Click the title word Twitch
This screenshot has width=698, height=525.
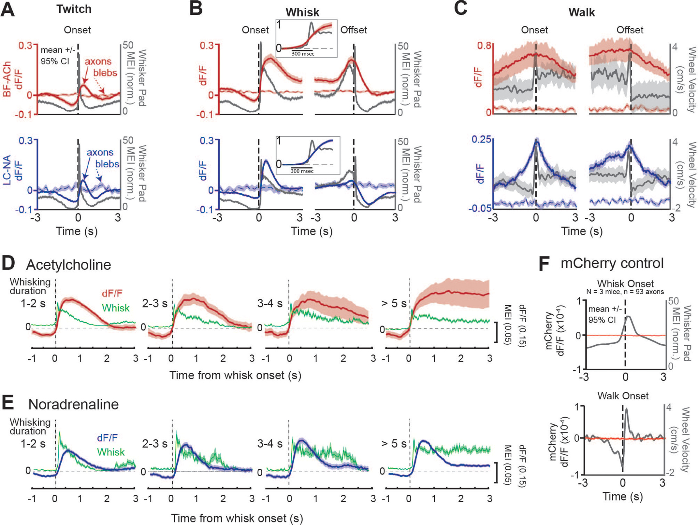(x=74, y=9)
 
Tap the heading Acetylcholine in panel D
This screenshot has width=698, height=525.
(x=68, y=265)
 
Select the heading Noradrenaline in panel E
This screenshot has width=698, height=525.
(x=73, y=405)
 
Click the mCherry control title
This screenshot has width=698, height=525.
(x=612, y=263)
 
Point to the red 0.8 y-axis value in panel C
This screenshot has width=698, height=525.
(x=484, y=45)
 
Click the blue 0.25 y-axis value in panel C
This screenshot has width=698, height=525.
(x=481, y=139)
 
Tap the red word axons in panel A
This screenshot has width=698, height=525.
(x=98, y=61)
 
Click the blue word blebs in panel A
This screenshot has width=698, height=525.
(x=107, y=164)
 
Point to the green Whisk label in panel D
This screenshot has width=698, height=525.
(x=116, y=308)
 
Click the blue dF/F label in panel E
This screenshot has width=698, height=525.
(x=107, y=438)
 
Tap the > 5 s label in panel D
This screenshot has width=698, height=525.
(x=394, y=303)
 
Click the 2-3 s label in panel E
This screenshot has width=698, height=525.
(x=154, y=444)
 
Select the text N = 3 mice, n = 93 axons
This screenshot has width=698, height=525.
(x=625, y=292)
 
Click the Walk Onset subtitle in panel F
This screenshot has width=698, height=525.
(x=623, y=396)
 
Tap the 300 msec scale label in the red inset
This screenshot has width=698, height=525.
(x=303, y=54)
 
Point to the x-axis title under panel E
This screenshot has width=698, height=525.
(x=237, y=518)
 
